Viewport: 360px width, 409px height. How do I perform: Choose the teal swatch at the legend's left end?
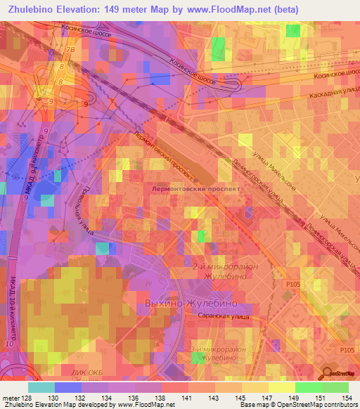(41, 387)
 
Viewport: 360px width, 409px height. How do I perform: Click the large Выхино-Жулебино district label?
(189, 304)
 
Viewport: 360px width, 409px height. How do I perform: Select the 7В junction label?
(69, 51)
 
